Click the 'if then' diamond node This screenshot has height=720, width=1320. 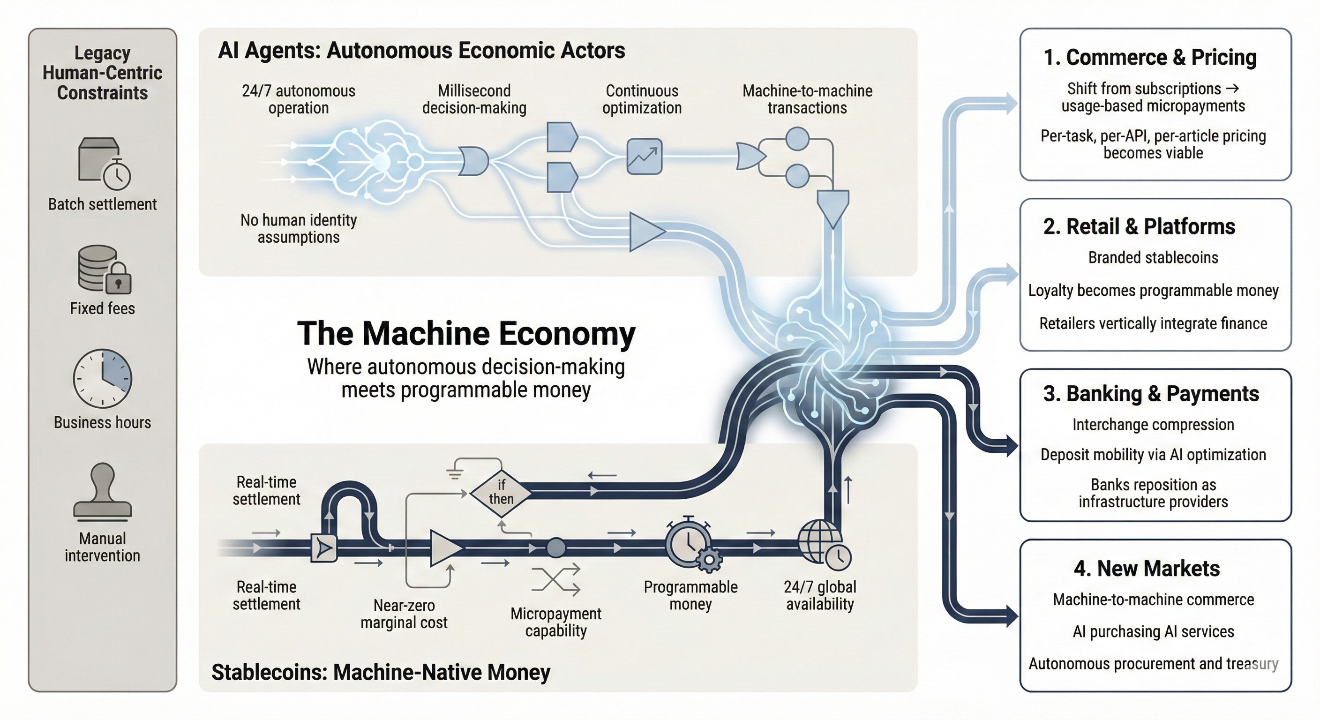[x=501, y=492]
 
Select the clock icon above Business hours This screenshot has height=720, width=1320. [x=103, y=378]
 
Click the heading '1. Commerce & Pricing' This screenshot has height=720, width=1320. [x=1150, y=57]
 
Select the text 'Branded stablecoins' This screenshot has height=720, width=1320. [x=1153, y=257]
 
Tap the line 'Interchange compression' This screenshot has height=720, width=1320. [x=1153, y=424]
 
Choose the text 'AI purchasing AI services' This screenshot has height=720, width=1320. [x=1153, y=631]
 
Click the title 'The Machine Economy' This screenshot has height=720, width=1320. [x=466, y=333]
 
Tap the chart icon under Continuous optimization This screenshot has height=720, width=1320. [x=644, y=156]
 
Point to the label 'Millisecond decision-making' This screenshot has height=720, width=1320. [x=474, y=99]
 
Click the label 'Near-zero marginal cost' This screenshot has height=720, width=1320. [x=404, y=614]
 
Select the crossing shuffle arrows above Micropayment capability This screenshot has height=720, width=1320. [x=556, y=579]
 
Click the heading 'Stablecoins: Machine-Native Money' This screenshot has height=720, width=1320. [x=381, y=672]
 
